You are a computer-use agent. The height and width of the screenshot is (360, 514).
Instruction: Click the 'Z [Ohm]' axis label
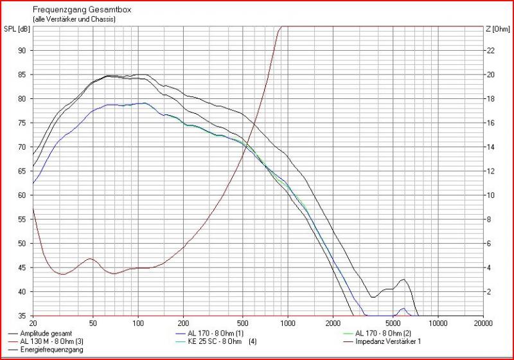(x=497, y=28)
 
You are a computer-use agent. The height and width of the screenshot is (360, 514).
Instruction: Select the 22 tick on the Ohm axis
(x=490, y=50)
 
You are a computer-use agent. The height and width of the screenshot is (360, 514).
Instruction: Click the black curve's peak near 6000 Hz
(x=403, y=279)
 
